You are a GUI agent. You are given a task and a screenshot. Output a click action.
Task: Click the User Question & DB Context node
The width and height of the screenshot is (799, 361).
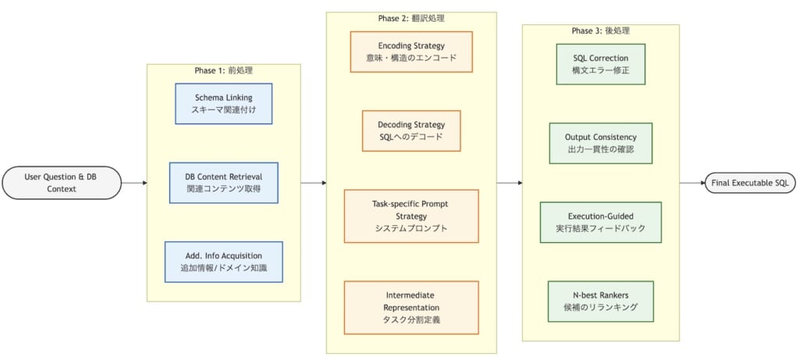pos(61,183)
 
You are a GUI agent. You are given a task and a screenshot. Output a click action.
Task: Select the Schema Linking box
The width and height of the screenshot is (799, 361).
pos(223,104)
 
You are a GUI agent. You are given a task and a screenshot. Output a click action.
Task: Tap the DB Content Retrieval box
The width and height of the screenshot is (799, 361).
pos(223,183)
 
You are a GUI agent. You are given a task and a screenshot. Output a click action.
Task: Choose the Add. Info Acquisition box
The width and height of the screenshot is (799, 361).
pos(223,262)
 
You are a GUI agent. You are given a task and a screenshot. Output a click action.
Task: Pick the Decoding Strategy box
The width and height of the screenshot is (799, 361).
pos(411,130)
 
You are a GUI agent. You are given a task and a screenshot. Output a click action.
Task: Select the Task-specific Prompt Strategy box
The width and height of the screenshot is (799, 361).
pos(411,216)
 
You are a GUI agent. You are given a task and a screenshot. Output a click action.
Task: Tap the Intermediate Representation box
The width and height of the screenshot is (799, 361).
pos(411,308)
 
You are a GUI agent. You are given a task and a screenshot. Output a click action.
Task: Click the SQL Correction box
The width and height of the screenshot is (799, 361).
pos(600,64)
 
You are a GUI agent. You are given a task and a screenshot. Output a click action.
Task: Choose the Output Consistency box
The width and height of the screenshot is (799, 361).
pos(600,143)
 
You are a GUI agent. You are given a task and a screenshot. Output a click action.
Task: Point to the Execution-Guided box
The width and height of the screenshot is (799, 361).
pos(600,222)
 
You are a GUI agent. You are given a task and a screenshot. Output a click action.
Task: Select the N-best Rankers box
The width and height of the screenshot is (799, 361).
pos(600,301)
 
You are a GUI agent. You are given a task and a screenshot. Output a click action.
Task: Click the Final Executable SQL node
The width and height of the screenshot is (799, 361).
pos(750,183)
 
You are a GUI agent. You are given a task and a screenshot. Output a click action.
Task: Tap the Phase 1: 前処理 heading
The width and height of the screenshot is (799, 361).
pos(223,70)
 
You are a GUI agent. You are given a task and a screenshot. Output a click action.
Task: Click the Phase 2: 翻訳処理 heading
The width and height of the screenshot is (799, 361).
pos(411,18)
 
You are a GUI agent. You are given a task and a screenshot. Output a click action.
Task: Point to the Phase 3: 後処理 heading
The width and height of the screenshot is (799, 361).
pos(600,30)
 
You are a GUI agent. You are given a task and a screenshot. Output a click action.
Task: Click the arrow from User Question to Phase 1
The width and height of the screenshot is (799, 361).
pos(134,183)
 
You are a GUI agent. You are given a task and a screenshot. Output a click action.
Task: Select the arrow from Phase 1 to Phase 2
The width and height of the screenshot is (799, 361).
pos(314,183)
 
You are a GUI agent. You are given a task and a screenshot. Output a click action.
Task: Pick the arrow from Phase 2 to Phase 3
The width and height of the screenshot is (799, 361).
pos(510,183)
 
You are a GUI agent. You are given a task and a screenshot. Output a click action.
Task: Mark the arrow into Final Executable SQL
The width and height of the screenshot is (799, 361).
pos(692,183)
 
